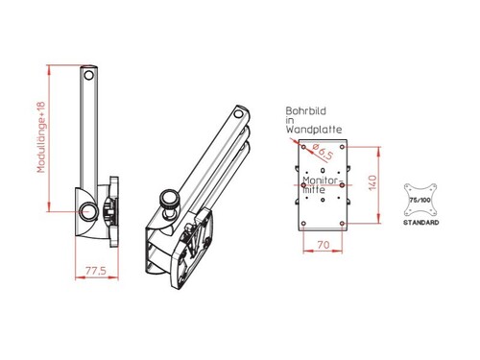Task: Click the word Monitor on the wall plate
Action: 317,179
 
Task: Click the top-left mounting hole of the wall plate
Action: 303,145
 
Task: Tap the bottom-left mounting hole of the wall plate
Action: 303,224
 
